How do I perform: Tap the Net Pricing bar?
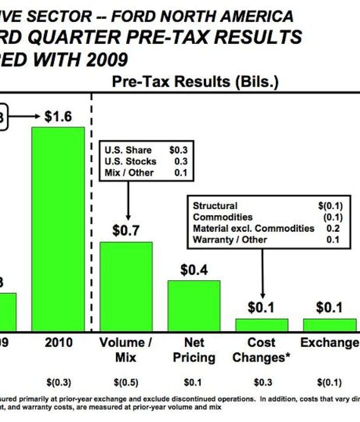coord(193,305)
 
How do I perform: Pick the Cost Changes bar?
coord(261,325)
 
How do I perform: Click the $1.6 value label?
coord(58,117)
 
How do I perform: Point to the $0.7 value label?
coord(126,231)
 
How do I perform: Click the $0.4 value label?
coord(194,270)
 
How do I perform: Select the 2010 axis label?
coord(58,343)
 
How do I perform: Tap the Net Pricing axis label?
coord(194,350)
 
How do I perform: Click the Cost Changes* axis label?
coord(261,350)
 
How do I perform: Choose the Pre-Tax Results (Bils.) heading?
coord(195,82)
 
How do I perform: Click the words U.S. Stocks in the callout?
coord(130,161)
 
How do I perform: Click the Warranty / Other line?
coord(230,239)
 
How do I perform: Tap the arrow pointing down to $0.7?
coord(128,200)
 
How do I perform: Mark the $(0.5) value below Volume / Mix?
coord(126,383)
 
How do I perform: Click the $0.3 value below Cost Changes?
coord(261,383)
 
